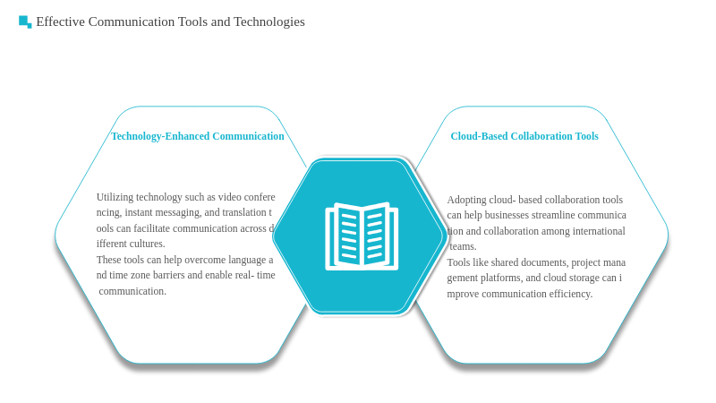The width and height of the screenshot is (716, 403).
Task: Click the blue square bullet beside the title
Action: pos(25,21)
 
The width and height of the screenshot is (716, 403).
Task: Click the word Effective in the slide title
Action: pos(60,21)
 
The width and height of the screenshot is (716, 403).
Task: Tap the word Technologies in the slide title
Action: pos(269,21)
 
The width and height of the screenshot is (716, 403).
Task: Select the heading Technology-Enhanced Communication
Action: pos(197,136)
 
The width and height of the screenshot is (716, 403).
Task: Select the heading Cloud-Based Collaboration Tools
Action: pos(524,136)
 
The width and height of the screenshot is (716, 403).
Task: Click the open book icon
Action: pos(362,236)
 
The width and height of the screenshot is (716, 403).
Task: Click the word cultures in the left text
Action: pos(148,244)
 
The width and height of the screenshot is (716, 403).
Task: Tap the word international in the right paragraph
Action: pos(599,231)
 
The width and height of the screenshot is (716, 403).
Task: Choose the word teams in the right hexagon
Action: pos(463,247)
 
